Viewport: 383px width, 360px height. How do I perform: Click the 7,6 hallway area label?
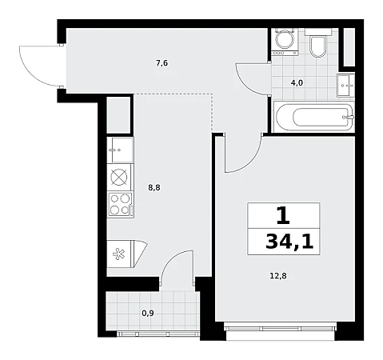(162, 63)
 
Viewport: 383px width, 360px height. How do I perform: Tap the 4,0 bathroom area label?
(297, 83)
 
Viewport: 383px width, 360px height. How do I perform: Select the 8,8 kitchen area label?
(154, 188)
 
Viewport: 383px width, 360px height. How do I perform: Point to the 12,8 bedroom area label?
(278, 276)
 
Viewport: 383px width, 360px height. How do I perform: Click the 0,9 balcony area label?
(148, 313)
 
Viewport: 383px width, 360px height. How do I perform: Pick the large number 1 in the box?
(283, 215)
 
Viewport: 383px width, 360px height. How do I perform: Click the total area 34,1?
(289, 242)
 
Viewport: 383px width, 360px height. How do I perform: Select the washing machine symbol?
(285, 42)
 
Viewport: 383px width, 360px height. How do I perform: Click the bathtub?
(314, 117)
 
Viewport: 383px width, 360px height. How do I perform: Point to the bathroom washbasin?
(345, 86)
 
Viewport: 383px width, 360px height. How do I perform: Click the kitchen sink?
(120, 150)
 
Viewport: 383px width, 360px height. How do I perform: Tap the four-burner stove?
(120, 205)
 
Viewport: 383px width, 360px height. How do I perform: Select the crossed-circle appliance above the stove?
(119, 177)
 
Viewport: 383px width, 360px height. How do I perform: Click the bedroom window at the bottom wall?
(281, 327)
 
